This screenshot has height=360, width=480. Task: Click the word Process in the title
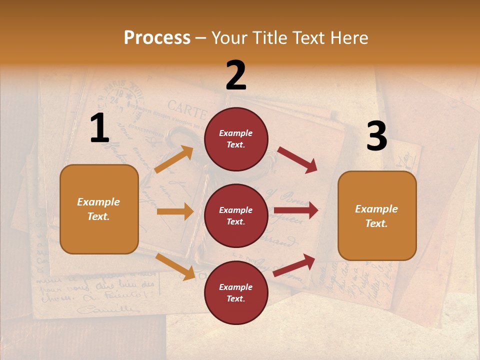(157, 37)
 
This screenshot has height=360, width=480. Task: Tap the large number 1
(99, 128)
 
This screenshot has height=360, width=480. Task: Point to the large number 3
(376, 136)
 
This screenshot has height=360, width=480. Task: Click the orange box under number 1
(99, 209)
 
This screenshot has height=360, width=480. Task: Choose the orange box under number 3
(377, 215)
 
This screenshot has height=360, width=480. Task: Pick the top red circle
(236, 139)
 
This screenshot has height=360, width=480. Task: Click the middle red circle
(236, 215)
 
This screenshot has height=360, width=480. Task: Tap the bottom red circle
(236, 292)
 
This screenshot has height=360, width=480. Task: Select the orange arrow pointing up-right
(174, 159)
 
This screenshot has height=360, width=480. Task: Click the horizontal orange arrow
(175, 211)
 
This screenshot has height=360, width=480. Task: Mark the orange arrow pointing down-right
(175, 266)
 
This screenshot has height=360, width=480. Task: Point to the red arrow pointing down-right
(297, 160)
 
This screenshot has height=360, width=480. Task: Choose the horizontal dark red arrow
(296, 210)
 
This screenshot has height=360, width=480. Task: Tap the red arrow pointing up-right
(294, 265)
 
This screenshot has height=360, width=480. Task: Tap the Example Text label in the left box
(99, 209)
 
